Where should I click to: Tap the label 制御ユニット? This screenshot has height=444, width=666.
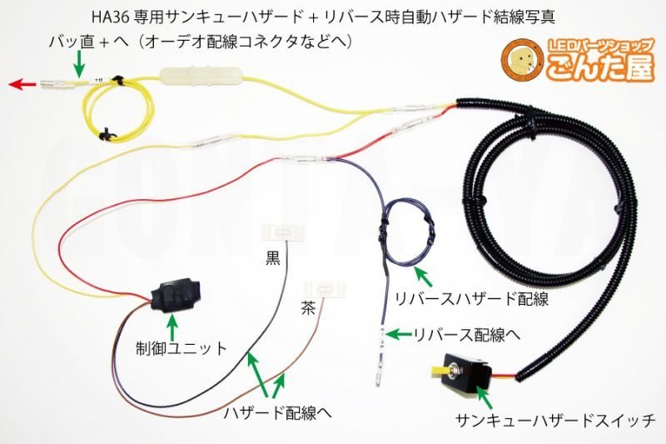tap(182, 348)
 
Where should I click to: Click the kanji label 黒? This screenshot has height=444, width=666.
tap(274, 256)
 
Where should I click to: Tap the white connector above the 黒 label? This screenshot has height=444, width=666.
tap(281, 230)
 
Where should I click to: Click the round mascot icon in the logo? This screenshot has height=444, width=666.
tap(522, 62)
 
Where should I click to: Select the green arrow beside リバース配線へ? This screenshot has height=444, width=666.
tap(400, 335)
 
